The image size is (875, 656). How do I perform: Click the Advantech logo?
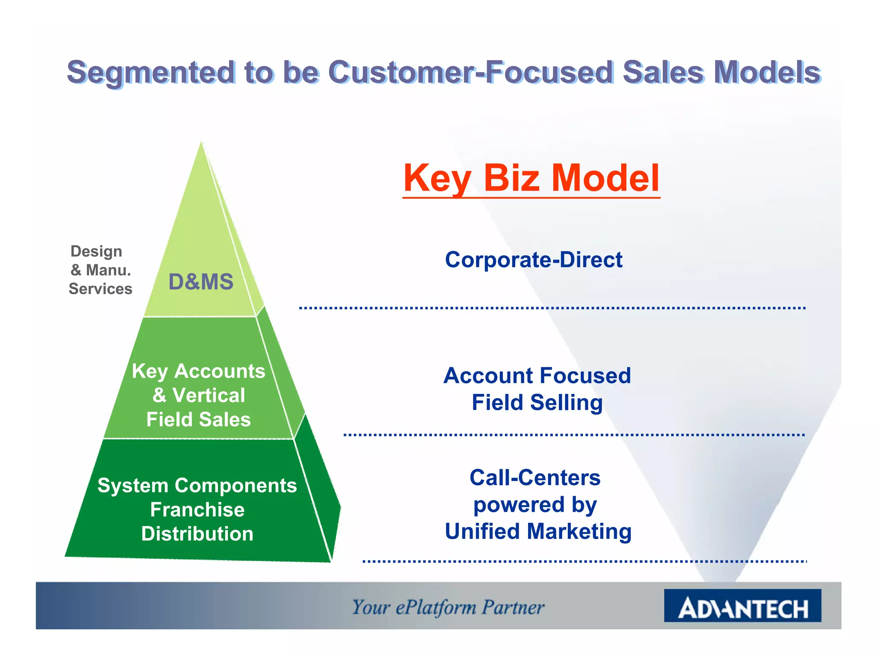pos(742,606)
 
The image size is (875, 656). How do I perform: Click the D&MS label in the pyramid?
pos(201,282)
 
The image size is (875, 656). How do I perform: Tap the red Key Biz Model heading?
pos(531,178)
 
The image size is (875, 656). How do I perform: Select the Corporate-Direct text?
pos(534,260)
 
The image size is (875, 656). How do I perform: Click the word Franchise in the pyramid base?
pos(197,510)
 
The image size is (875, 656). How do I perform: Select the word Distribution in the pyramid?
pos(197,534)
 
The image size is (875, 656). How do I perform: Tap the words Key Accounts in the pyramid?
pos(199,371)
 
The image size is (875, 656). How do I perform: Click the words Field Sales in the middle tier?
pos(199,419)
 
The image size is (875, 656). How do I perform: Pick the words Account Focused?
pos(537,376)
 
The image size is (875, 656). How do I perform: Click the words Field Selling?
pos(537,403)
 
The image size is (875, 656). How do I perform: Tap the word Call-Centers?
pos(535,477)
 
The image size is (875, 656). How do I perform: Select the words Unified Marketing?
pos(538,532)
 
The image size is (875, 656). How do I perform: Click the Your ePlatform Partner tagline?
pos(448,607)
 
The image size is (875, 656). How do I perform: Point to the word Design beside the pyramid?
pos(96,251)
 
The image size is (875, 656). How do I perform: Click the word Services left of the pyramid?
pos(100,289)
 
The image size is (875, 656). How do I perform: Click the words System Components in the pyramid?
pos(197,486)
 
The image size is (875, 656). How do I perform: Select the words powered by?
pos(535,505)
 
